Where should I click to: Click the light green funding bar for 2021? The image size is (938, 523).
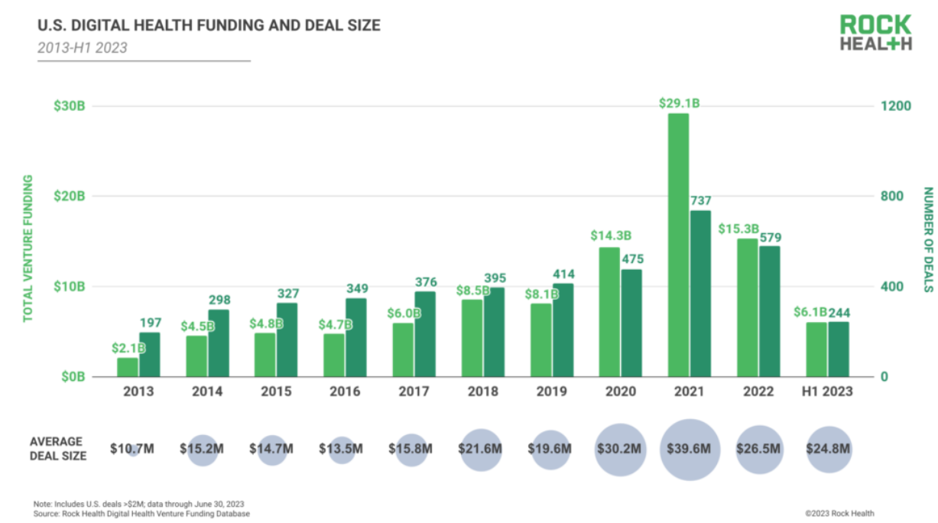coord(678,245)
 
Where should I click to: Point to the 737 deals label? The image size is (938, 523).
coord(701,200)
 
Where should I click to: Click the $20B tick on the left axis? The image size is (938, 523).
coord(69,197)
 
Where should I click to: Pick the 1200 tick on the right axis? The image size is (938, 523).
coord(897,106)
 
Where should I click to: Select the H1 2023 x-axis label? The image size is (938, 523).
coord(827,391)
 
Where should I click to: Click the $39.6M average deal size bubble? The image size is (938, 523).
coord(690,449)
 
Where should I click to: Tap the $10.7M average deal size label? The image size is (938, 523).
coord(132,449)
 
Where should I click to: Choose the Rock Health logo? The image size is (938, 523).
coord(876,32)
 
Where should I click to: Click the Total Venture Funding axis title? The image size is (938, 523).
coord(28,248)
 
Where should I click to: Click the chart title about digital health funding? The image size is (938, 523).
coord(209,26)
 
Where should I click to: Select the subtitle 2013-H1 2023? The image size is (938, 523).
coord(83,47)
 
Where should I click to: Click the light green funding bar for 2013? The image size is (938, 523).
coord(128,367)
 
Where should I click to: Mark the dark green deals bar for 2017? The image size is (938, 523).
coord(425,334)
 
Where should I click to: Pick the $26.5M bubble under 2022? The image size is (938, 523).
coord(758,449)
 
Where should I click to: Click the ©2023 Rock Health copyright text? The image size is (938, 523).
coord(839,513)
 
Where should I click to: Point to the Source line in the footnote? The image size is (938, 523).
coord(141,514)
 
